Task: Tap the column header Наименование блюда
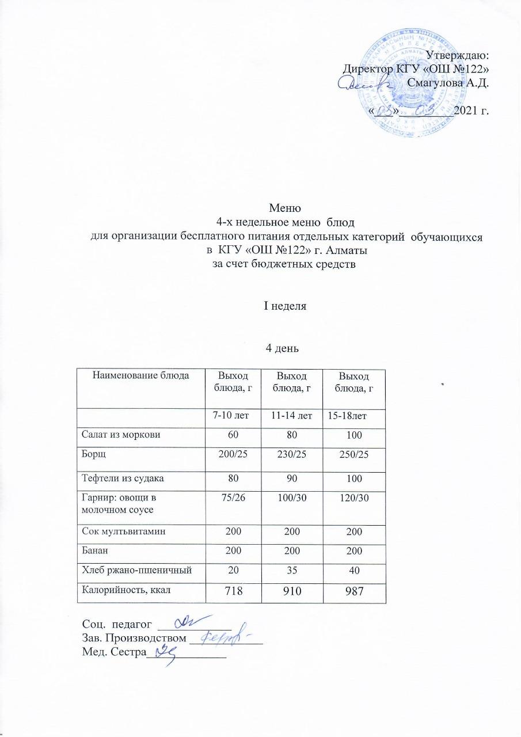[x=140, y=375]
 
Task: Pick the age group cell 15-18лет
[x=349, y=415]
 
